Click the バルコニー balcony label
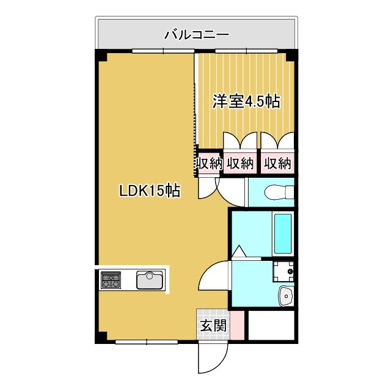pos(196,34)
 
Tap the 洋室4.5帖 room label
pos(246,101)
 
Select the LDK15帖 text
pos(149,191)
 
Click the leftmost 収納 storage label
pos(208,163)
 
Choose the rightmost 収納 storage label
pos(277,163)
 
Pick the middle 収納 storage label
pos(240,163)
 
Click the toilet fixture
pos(278,192)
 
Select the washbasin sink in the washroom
pos(285,296)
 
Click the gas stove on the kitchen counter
pos(111,280)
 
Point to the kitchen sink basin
pos(150,280)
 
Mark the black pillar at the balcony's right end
pos(292,56)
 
